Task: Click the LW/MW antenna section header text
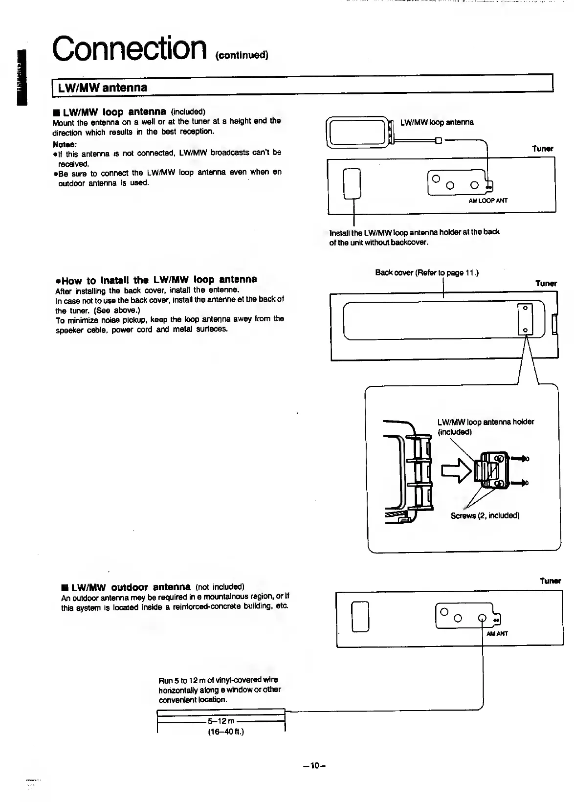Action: click(103, 88)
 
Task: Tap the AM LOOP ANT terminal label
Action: click(487, 200)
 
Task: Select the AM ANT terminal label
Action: click(497, 633)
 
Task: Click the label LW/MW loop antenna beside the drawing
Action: click(437, 122)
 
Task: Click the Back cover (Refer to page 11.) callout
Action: click(426, 272)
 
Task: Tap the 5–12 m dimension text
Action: click(221, 721)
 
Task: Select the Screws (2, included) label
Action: click(485, 515)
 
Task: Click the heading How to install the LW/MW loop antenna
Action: click(156, 280)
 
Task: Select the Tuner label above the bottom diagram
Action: click(550, 581)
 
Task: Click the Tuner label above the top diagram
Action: click(542, 149)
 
